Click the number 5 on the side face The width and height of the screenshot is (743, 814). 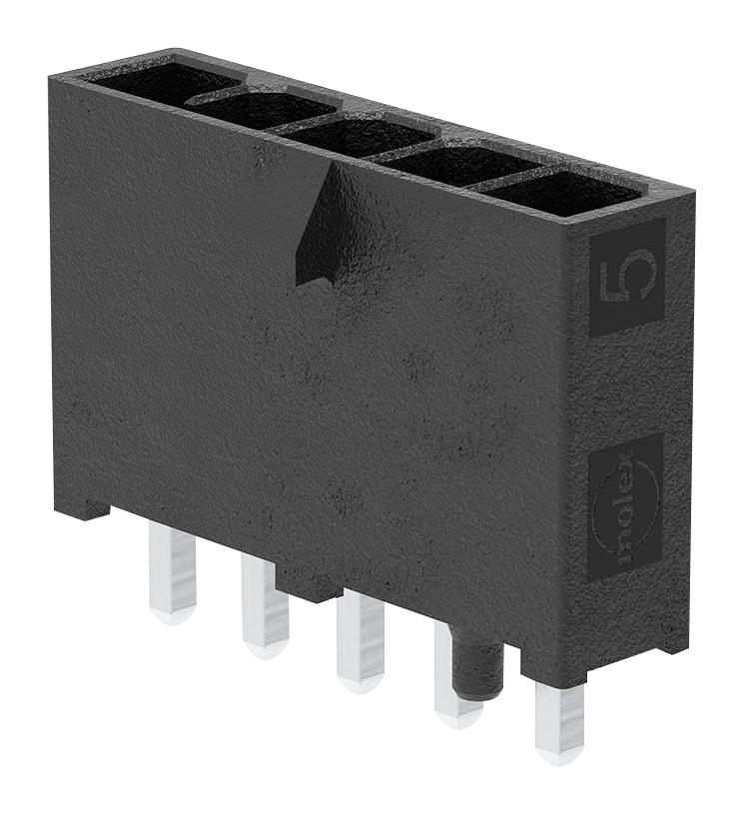626,277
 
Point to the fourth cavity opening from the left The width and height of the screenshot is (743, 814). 462,164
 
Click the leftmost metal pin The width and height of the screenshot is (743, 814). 172,571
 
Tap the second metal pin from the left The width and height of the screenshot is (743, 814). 265,605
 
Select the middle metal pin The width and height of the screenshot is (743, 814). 361,639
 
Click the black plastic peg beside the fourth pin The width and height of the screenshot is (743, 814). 478,664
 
